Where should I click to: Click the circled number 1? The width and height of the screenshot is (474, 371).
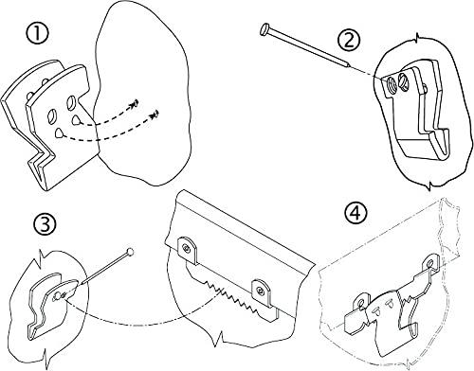tap(37, 34)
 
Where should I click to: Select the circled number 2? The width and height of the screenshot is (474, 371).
tap(349, 40)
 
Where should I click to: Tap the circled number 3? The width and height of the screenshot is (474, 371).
tap(45, 224)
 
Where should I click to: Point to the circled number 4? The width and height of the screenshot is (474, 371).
tap(356, 213)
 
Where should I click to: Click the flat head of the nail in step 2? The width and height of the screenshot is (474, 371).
tap(264, 29)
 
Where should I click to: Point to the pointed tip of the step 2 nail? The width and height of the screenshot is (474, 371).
tap(349, 65)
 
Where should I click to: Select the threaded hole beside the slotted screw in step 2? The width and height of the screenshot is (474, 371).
tap(392, 84)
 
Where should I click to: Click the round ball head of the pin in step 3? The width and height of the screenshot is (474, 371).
tap(130, 253)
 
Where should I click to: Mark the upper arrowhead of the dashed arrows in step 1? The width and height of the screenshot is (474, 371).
tap(135, 103)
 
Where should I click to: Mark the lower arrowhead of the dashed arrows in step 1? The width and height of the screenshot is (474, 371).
tap(155, 115)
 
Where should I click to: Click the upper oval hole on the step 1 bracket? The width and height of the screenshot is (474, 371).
tap(70, 104)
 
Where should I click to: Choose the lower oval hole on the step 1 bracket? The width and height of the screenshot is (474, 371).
tap(52, 115)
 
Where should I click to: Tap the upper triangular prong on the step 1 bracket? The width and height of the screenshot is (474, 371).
tap(76, 120)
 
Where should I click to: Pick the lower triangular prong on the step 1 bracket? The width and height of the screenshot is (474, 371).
tap(59, 133)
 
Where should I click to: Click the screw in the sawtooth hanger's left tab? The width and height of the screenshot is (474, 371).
tap(188, 249)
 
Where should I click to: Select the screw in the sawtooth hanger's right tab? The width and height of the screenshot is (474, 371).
tap(261, 291)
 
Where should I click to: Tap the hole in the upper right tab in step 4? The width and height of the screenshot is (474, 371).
tap(429, 263)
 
